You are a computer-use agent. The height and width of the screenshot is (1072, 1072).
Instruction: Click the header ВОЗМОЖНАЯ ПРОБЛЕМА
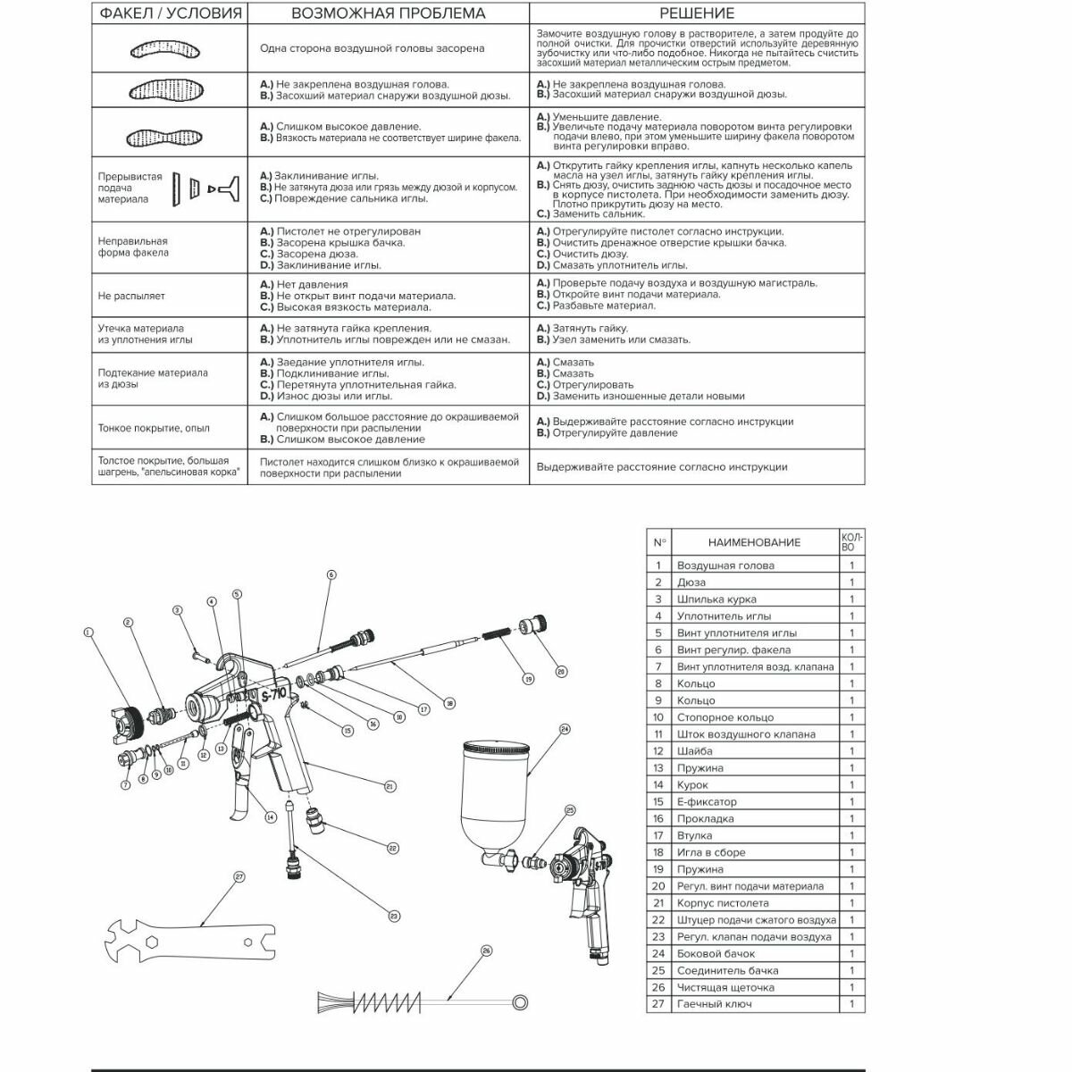pos(388,13)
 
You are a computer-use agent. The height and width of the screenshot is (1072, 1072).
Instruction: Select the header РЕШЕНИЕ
pos(697,13)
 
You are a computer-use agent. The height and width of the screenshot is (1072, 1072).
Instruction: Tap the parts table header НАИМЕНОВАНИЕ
pos(754,542)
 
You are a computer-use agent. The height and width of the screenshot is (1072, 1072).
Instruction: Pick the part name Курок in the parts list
pos(693,785)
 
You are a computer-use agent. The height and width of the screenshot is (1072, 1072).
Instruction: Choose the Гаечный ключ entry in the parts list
pos(714,1004)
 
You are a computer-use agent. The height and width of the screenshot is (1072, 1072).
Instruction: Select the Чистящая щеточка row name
pos(724,988)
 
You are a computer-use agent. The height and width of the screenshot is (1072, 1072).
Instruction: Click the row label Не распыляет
pos(131,296)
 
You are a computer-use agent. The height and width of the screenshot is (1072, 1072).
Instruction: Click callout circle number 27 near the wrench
pos(239,877)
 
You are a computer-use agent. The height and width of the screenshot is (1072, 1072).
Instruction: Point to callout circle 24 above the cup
pos(565,729)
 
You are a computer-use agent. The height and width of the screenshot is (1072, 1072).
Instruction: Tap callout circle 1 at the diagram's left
pos(88,632)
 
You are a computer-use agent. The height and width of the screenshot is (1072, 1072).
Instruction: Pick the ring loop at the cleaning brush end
pos(519,999)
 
